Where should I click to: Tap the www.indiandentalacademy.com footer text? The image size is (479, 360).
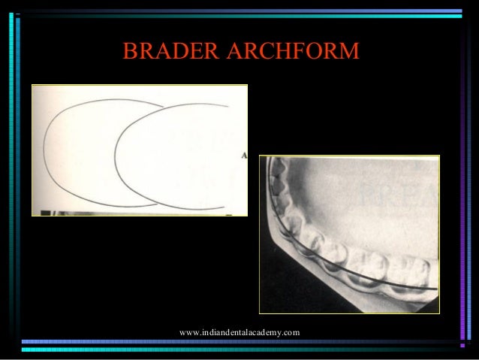[x=239, y=332]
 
